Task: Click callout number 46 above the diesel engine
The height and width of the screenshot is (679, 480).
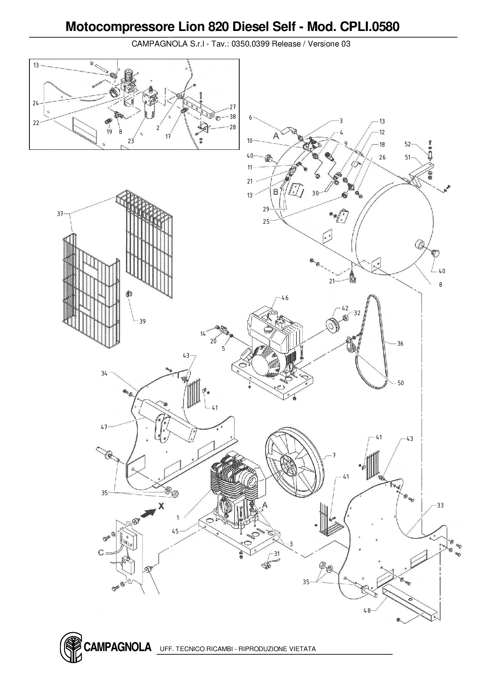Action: click(285, 298)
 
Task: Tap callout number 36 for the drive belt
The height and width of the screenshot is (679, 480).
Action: click(400, 343)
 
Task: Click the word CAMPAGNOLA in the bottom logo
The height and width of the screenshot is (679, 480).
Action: click(117, 647)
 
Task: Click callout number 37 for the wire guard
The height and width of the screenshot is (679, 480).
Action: click(60, 214)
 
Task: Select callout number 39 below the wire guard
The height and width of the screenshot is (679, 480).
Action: click(142, 321)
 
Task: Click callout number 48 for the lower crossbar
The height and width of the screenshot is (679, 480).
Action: click(367, 610)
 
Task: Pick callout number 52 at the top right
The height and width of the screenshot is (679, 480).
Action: click(408, 144)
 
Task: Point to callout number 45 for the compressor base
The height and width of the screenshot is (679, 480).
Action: click(175, 531)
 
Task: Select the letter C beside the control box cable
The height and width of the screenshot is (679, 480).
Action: click(101, 552)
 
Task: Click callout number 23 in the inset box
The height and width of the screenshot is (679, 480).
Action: click(131, 141)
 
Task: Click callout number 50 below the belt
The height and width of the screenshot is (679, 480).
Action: click(401, 383)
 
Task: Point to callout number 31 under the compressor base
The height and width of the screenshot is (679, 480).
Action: click(277, 554)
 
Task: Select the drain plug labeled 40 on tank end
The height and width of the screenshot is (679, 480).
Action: click(436, 254)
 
